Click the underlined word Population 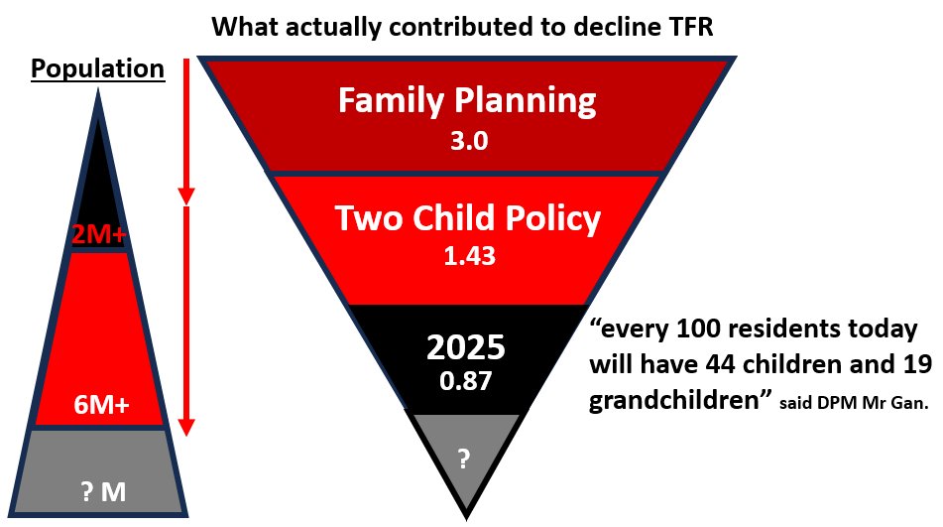click(x=97, y=69)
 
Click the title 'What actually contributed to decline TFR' click(x=462, y=27)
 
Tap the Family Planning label click(x=467, y=100)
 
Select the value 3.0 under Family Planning click(x=469, y=141)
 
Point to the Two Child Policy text click(x=467, y=217)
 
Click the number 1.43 click(x=470, y=256)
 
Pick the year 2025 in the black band click(x=466, y=347)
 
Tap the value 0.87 click(x=465, y=381)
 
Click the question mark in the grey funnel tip click(x=464, y=460)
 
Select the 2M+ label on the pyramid click(x=98, y=234)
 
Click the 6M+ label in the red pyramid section click(x=101, y=405)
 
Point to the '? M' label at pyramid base click(x=103, y=492)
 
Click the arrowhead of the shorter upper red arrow click(x=186, y=197)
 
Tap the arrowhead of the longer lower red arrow click(x=186, y=427)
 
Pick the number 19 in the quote click(x=916, y=364)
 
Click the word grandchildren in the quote click(x=674, y=401)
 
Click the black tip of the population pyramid click(x=98, y=181)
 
